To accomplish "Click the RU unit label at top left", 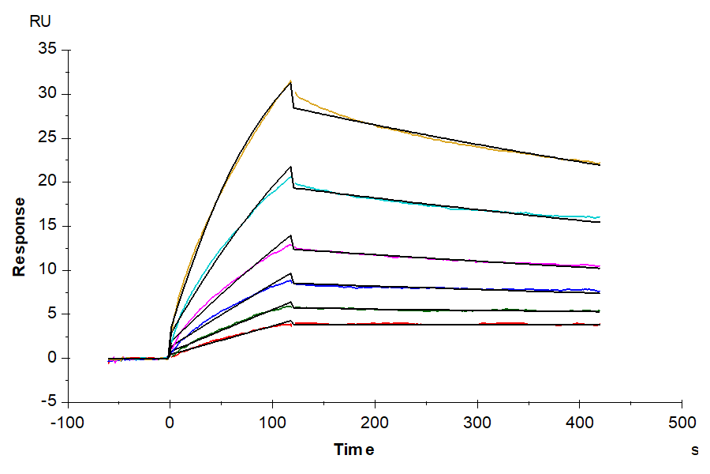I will coord(39,21).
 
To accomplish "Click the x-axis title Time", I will coord(354,450).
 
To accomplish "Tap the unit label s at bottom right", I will coord(694,450).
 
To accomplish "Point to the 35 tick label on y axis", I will coord(48,50).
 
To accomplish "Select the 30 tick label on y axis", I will coord(48,94).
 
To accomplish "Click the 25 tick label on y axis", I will coord(48,138).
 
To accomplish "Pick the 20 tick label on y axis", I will coord(48,182).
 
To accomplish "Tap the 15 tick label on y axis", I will coord(48,226).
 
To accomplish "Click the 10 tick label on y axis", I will coord(48,270).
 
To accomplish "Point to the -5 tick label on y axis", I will coord(50,402).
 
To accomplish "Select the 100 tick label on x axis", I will coord(272,422).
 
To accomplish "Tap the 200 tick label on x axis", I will coord(375,422).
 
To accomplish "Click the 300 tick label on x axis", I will coord(477,422).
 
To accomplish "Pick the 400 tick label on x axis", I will coord(580,422).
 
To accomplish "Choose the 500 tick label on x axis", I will coord(682,422).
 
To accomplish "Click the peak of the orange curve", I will coord(290,81).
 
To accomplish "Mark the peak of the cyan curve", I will coord(291,175).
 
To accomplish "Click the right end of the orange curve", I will coord(600,163).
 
